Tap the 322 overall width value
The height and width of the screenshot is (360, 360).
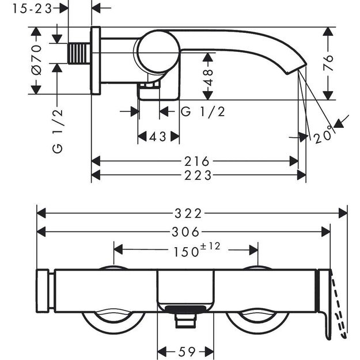pos(190,213)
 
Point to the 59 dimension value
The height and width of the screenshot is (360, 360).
pos(186,350)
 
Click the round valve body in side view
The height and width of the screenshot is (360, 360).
pos(155,51)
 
